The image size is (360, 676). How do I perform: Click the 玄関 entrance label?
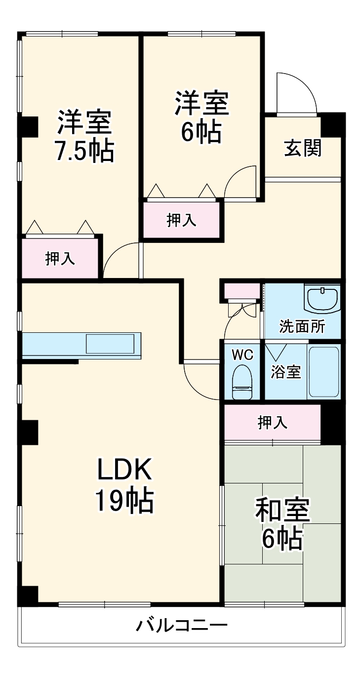[x=302, y=148]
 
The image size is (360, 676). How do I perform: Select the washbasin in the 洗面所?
[x=322, y=298]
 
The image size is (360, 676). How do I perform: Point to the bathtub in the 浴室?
[x=323, y=372]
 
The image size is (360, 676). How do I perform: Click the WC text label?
[x=242, y=355]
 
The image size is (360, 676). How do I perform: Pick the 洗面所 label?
[x=302, y=326]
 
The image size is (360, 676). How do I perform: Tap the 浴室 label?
[x=285, y=372]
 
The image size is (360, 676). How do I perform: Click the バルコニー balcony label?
[x=182, y=626]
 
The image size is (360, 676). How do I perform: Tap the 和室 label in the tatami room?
[x=282, y=510]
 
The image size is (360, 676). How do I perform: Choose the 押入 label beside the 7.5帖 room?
[x=60, y=258]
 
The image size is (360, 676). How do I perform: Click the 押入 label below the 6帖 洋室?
[x=181, y=220]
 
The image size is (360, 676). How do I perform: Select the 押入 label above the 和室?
[x=272, y=422]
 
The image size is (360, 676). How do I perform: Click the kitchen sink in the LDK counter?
[x=110, y=344]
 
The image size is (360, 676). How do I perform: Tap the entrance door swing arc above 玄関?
[x=296, y=94]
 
